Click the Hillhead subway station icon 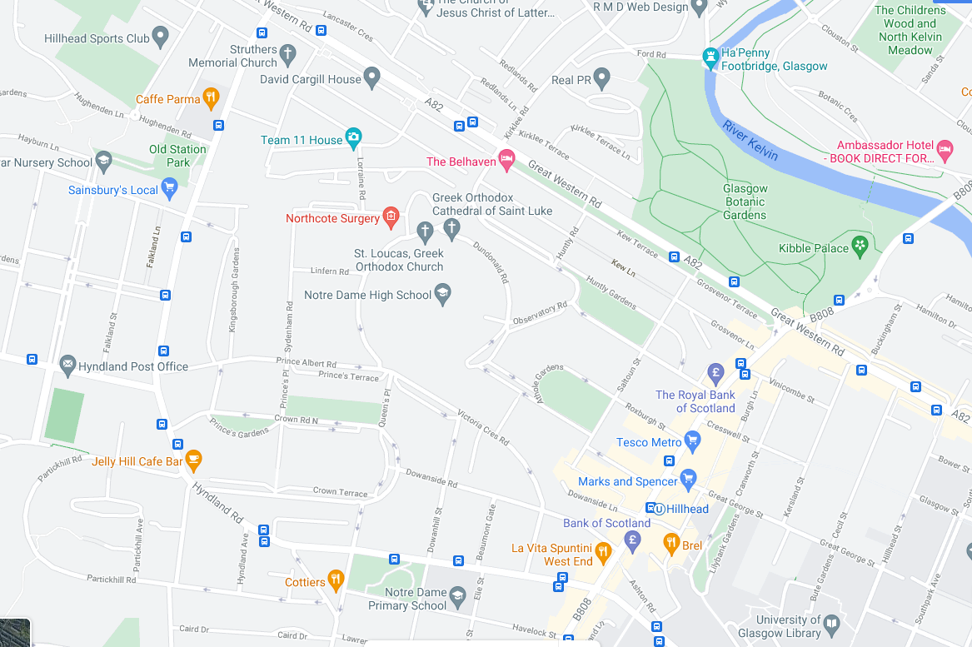657,509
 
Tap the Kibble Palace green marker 860,246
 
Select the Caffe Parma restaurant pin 212,98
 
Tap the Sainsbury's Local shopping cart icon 170,188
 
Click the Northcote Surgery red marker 390,217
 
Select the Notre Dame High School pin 443,293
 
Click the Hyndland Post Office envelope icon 67,365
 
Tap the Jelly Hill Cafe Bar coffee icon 193,459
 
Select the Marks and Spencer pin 687,479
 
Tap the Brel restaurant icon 671,544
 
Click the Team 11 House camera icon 353,138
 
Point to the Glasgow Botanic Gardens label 745,202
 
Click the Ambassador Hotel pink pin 945,150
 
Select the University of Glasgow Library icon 831,624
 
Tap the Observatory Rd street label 540,313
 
